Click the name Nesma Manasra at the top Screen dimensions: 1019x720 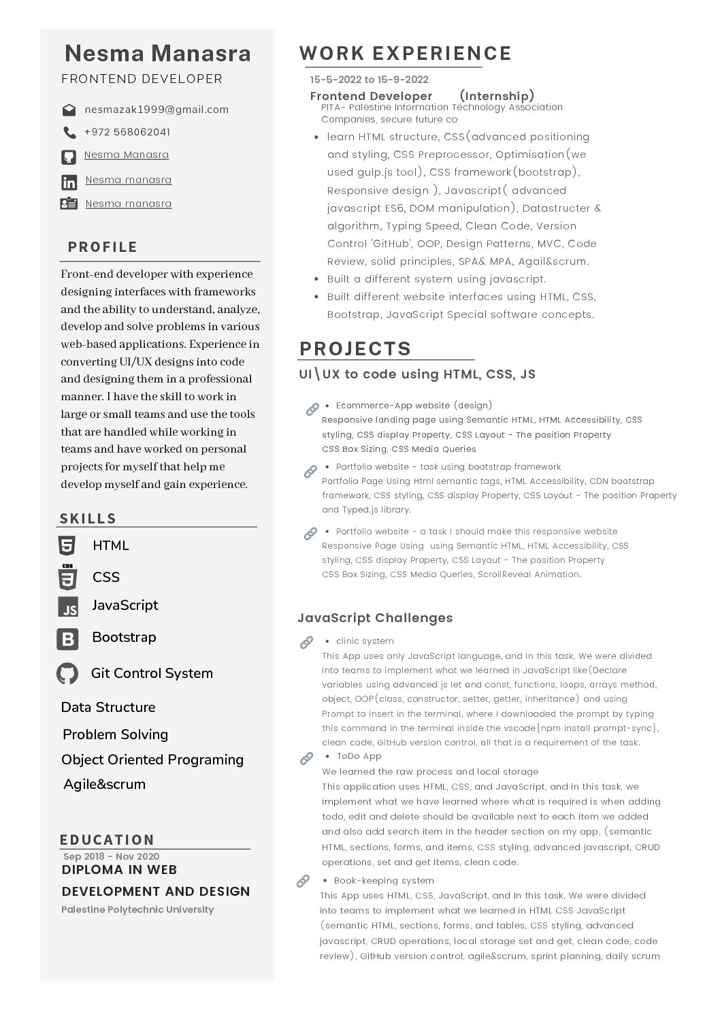click(x=157, y=53)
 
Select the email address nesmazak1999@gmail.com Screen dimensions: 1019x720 click(x=157, y=110)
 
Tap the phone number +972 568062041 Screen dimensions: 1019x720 click(x=127, y=132)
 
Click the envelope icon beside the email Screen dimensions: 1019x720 click(x=69, y=110)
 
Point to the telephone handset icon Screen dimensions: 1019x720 click(x=69, y=132)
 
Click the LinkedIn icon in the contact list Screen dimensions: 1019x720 click(x=69, y=182)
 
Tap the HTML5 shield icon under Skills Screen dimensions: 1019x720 click(x=67, y=546)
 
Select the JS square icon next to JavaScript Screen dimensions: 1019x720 click(x=68, y=607)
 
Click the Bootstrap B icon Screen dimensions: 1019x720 click(x=67, y=638)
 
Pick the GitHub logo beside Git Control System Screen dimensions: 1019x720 click(x=67, y=674)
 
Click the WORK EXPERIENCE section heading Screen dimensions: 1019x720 click(x=405, y=54)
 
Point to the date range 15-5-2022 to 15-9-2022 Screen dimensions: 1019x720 click(x=370, y=80)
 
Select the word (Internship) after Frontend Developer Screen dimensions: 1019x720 click(x=497, y=96)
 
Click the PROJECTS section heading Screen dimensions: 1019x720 click(x=355, y=349)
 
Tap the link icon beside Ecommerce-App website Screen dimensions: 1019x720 click(x=312, y=409)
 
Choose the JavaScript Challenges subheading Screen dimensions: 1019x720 click(x=375, y=618)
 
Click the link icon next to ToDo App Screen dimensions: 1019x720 click(x=307, y=758)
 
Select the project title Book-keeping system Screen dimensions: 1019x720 click(x=384, y=881)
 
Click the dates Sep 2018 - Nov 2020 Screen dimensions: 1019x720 click(x=111, y=857)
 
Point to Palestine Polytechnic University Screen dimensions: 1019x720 click(x=137, y=910)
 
